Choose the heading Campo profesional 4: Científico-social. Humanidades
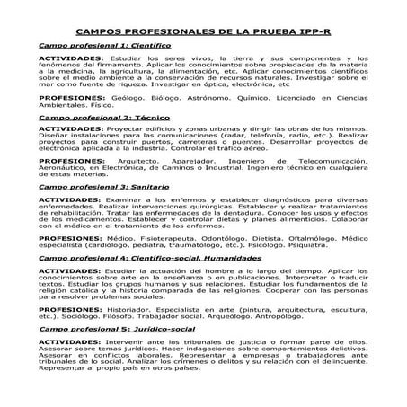click(x=143, y=282)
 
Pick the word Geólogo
click(x=129, y=120)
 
